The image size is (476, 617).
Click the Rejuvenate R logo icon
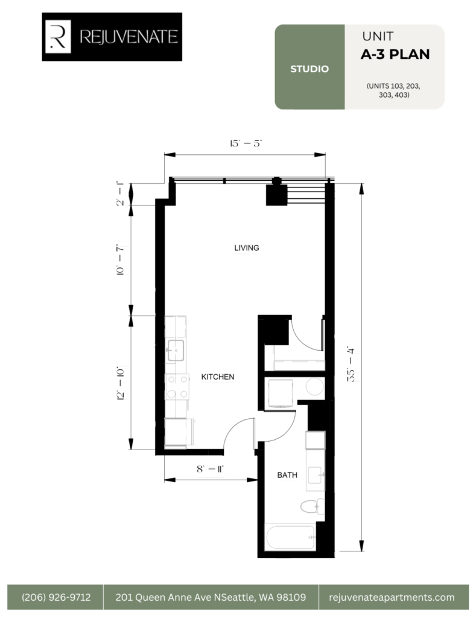click(x=58, y=37)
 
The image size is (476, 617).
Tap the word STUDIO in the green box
click(x=309, y=69)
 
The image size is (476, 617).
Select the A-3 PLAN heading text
click(x=395, y=54)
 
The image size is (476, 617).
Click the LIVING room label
click(x=247, y=248)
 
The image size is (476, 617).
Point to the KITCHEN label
click(x=218, y=377)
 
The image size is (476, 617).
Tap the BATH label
click(x=287, y=475)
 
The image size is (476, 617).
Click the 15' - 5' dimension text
click(x=246, y=143)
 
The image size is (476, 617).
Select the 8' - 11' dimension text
click(x=210, y=469)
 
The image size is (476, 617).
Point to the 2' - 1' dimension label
click(x=120, y=193)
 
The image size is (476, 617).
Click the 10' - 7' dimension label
click(x=120, y=260)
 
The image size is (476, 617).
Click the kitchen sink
click(x=176, y=350)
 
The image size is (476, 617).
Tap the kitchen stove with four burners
click(x=177, y=386)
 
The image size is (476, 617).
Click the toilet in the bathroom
click(x=313, y=506)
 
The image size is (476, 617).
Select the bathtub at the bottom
click(x=290, y=537)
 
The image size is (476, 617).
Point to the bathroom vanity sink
click(x=316, y=475)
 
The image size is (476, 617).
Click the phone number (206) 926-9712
click(x=56, y=597)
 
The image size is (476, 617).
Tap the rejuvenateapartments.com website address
click(x=392, y=597)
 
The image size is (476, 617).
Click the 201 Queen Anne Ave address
click(x=211, y=597)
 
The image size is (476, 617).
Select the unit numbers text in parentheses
click(x=393, y=90)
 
